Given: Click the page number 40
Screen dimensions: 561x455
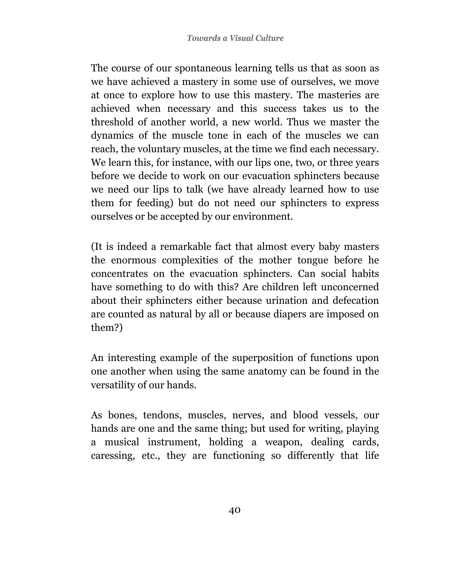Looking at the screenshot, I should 235,510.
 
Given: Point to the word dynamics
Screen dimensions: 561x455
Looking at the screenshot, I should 112,136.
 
